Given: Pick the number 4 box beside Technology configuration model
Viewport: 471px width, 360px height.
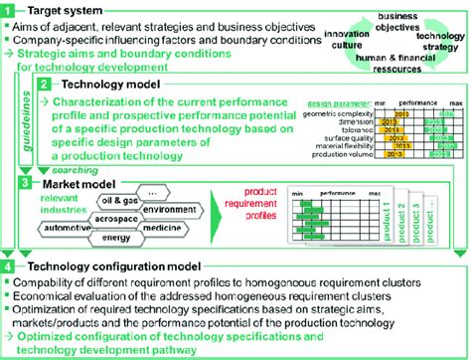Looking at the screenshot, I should [x=9, y=267].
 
